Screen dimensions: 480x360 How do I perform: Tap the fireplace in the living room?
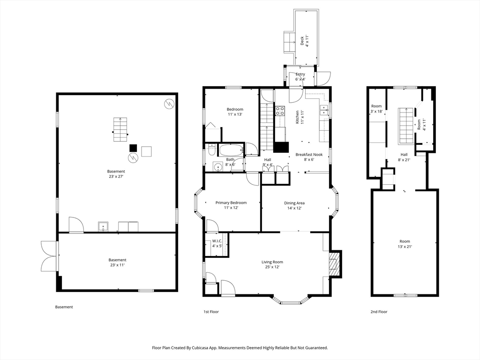(x=335, y=264)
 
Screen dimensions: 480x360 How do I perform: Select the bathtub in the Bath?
(x=231, y=150)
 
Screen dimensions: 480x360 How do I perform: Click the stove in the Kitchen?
(x=280, y=111)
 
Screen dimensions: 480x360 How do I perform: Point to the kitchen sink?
(x=324, y=110)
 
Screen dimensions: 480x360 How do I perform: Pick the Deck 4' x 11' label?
(x=305, y=41)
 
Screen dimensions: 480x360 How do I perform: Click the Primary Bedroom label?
(x=231, y=205)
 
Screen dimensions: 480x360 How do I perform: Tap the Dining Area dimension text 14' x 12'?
(x=294, y=208)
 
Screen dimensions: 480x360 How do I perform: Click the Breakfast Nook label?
(x=309, y=155)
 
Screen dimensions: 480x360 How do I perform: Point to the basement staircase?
(x=120, y=129)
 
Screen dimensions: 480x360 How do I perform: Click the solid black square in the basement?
(x=133, y=148)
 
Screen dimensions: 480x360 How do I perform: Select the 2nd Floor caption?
(x=379, y=312)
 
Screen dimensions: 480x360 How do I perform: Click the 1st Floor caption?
(x=211, y=312)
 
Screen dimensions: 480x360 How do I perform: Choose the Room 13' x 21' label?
(x=405, y=244)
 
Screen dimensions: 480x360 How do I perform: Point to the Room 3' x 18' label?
(x=376, y=109)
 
